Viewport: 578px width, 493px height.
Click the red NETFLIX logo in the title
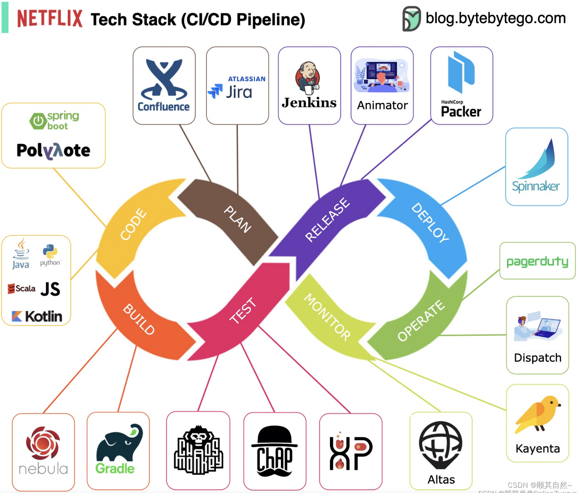50,19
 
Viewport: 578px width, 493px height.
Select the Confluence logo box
164,85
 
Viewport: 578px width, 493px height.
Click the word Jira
239,92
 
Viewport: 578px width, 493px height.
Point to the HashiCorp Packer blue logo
461,72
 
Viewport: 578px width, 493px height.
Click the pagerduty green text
537,261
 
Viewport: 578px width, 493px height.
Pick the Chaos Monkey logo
198,450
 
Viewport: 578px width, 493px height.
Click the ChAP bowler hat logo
275,451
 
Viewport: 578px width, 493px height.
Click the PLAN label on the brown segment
238,219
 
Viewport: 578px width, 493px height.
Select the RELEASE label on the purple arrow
327,219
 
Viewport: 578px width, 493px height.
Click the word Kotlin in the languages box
43,316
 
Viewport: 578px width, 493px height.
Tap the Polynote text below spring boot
53,150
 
